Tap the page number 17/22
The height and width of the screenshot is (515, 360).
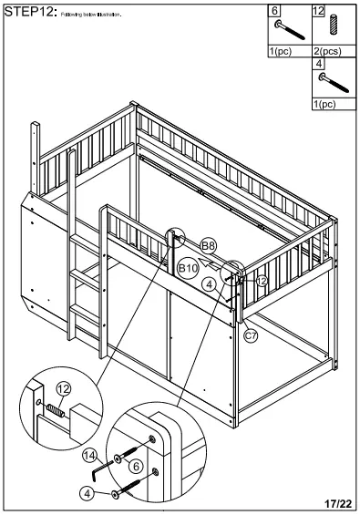point(336,502)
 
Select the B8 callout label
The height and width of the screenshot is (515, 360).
point(209,245)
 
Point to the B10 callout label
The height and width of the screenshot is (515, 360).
point(188,268)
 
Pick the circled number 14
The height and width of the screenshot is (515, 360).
point(89,454)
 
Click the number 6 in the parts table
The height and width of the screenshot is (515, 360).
point(274,10)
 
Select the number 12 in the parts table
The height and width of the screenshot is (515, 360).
point(318,10)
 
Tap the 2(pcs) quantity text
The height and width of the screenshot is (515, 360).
point(326,51)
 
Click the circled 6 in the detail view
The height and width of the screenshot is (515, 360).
point(135,465)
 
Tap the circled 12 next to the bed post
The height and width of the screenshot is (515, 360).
point(261,282)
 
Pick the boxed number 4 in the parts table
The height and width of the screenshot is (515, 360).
point(318,64)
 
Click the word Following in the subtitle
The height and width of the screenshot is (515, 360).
point(72,15)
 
